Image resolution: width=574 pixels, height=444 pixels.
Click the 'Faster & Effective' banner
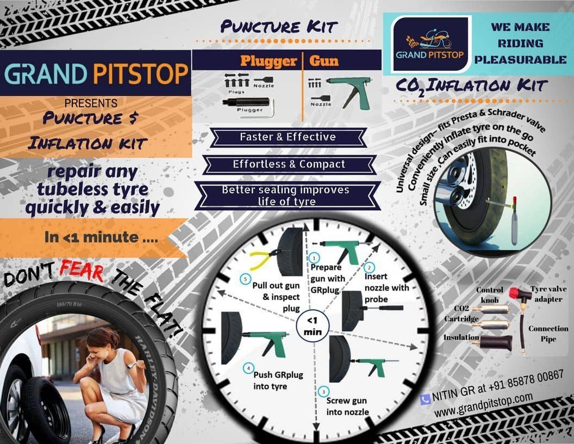point(288,137)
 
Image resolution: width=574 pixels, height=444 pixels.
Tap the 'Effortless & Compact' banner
point(289,164)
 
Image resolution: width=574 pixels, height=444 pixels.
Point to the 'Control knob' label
point(490,294)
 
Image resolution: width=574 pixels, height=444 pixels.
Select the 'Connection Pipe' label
point(551,334)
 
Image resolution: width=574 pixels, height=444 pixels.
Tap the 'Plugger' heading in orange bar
point(269,60)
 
